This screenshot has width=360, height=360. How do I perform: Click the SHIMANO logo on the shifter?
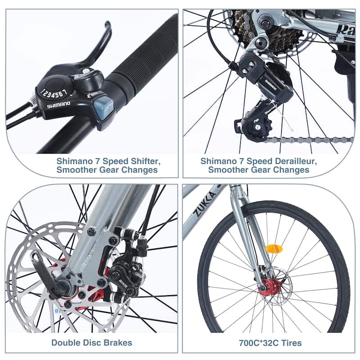tap(58, 104)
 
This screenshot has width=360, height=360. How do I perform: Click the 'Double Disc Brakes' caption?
tap(92, 342)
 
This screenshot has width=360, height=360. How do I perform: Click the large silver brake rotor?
tap(31, 270)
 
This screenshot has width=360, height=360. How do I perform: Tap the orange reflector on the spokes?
tap(274, 248)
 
